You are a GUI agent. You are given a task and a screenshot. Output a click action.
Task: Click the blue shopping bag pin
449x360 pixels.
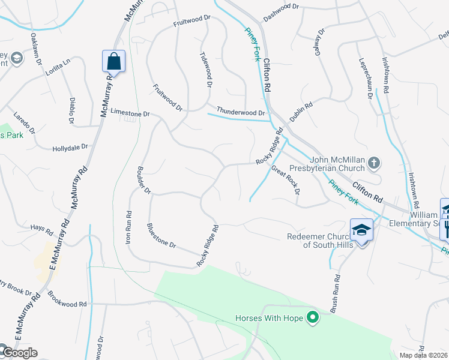point(113,61)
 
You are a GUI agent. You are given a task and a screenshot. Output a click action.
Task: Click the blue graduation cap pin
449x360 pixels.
point(362,230)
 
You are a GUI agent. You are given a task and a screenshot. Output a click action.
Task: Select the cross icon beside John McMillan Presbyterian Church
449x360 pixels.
point(374,163)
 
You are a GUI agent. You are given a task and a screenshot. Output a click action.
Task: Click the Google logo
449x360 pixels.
point(19,353)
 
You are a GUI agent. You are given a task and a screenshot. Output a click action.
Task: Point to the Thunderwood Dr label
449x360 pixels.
point(241,112)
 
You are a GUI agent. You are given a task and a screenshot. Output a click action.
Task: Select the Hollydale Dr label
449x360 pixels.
point(70,147)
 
